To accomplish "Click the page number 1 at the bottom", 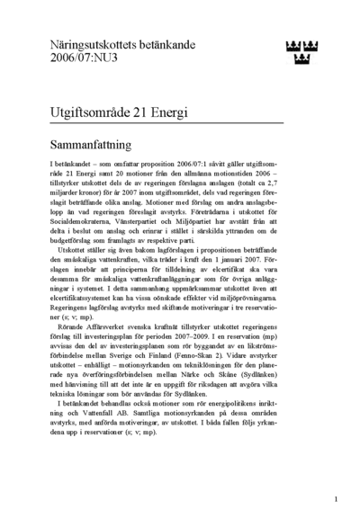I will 336,498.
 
